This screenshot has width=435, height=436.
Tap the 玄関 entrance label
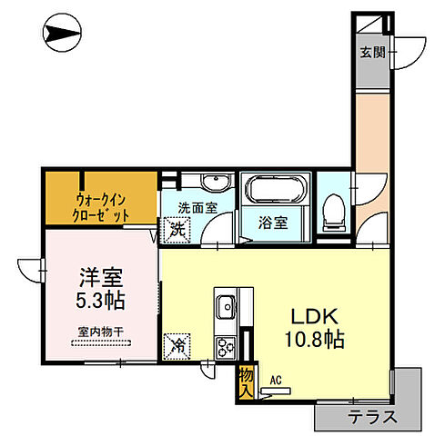(369, 51)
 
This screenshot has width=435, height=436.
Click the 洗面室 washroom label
(197, 207)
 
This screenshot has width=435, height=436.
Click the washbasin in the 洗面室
(198, 180)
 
